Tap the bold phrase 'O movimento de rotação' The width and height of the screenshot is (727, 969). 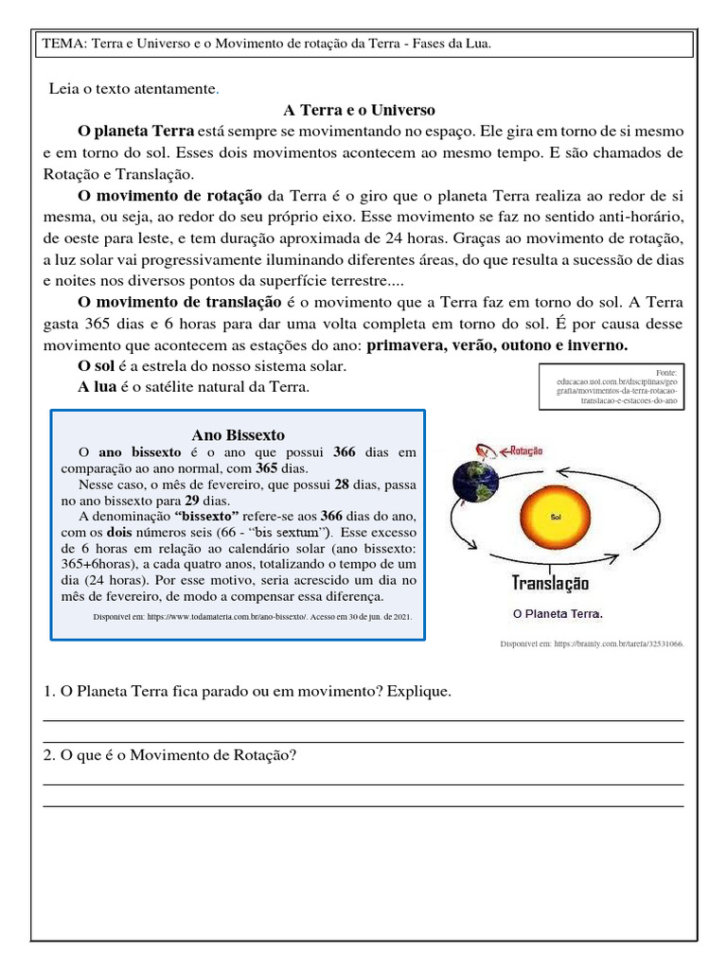point(169,196)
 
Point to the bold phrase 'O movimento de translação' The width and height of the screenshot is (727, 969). point(179,302)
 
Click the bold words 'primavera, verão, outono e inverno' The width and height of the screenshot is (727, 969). point(496,345)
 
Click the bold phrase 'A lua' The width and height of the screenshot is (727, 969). point(97,388)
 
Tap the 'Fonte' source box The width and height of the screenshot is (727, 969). point(611,386)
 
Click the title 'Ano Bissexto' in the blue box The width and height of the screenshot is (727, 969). point(238,435)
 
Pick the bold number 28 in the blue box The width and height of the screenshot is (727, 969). point(342,484)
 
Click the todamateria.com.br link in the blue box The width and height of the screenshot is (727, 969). point(252,616)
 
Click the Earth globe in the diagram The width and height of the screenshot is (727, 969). point(475,481)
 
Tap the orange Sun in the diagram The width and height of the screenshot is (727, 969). point(556,518)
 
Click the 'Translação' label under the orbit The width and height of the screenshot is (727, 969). point(550,584)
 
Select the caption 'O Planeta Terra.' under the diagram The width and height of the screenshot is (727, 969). point(558,613)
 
